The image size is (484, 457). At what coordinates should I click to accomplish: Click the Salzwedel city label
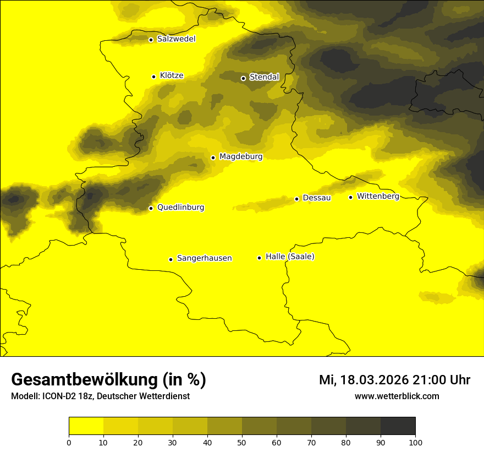[x=176, y=39]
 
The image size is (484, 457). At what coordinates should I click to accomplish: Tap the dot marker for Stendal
[x=243, y=78]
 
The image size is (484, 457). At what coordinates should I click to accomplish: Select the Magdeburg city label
[x=241, y=157]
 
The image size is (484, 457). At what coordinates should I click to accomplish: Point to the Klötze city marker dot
[x=153, y=77]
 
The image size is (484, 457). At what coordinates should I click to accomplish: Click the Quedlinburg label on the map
[x=180, y=208]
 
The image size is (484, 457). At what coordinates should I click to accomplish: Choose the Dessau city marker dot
[x=296, y=199]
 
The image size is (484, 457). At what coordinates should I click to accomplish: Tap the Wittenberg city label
[x=378, y=197]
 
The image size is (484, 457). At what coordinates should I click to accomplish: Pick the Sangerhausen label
[x=204, y=258]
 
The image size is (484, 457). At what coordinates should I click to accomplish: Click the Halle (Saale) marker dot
[x=259, y=258]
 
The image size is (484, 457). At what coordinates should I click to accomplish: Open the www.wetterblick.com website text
[x=397, y=396]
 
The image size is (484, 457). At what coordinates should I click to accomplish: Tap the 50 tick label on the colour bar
[x=242, y=442]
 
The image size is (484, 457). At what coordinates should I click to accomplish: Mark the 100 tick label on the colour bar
[x=415, y=442]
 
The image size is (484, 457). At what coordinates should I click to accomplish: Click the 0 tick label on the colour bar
[x=69, y=442]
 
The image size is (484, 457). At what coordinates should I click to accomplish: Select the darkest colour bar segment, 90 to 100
[x=398, y=426]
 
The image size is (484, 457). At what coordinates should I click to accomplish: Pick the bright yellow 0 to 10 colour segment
[x=86, y=426]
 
